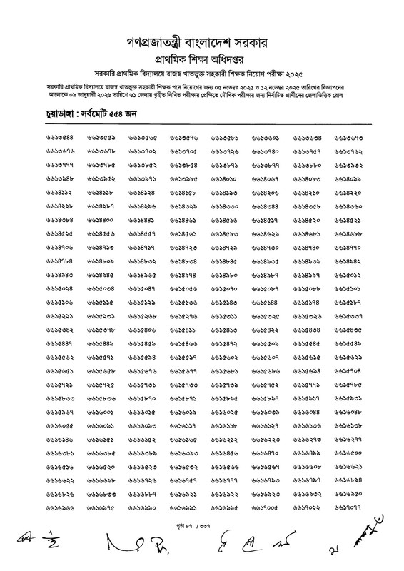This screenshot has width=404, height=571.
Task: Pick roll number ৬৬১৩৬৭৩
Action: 349,138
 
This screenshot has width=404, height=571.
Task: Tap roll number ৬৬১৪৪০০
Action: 101,220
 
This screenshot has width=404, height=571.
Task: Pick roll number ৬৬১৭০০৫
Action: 266,507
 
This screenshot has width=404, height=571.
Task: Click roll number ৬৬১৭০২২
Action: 308,507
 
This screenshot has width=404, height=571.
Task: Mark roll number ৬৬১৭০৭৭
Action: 349,507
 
